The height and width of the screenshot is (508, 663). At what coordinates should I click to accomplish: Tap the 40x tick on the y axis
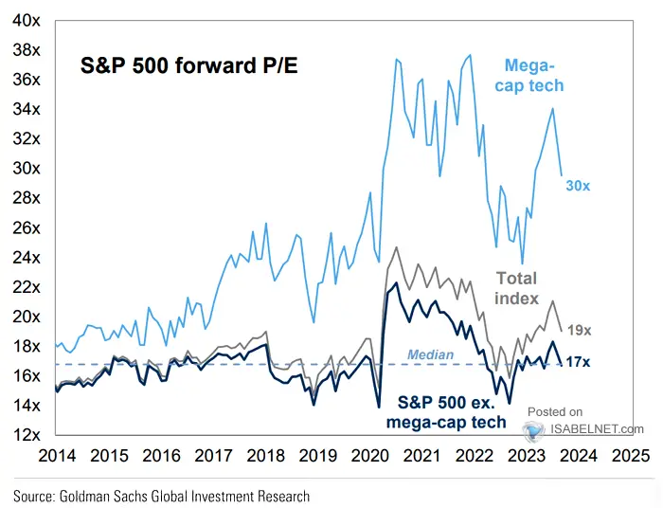point(26,20)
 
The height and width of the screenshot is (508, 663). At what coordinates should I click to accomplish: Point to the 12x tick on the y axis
point(26,435)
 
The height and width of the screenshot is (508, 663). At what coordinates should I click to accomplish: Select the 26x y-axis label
point(26,227)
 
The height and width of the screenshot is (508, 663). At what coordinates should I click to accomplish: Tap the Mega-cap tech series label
point(534,75)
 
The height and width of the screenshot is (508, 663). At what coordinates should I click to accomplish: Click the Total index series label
point(516,288)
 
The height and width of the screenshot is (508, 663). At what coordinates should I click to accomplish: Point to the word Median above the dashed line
point(431,354)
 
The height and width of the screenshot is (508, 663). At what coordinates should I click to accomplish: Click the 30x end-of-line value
point(579,187)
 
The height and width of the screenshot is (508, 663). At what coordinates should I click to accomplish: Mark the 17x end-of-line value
point(581,362)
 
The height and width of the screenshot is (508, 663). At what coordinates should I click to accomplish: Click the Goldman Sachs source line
point(161,495)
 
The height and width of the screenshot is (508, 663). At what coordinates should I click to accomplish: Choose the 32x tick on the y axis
point(26,138)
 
